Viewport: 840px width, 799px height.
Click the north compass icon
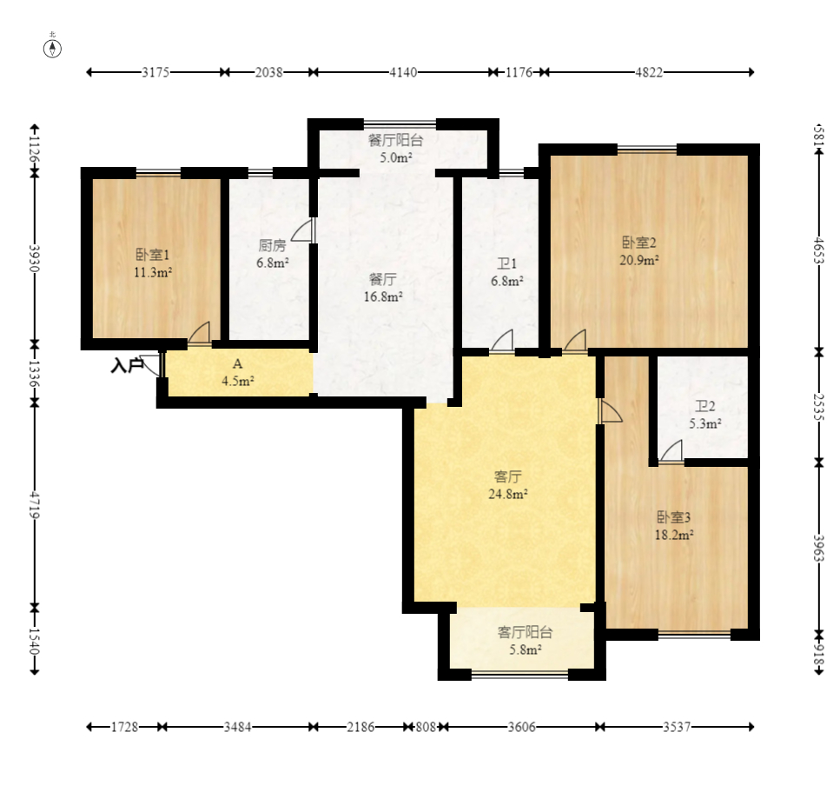coord(52,49)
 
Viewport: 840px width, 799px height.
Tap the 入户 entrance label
coord(127,365)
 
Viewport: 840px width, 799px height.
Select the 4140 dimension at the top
coord(403,72)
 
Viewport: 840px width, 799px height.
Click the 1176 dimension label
coord(519,72)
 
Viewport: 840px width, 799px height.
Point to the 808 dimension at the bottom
coord(426,727)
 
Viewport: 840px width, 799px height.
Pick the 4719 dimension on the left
coord(34,504)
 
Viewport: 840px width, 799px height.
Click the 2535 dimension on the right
coord(818,407)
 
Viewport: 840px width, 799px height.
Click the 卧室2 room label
coord(639,243)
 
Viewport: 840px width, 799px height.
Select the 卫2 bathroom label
coord(705,407)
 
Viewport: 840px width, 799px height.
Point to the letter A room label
coord(237,364)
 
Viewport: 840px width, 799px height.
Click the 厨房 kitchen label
coord(272,245)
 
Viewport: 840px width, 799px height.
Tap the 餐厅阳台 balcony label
coord(396,141)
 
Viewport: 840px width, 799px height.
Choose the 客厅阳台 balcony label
coord(525,632)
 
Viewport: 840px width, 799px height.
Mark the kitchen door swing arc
coord(302,230)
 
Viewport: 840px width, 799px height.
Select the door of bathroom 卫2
coord(671,451)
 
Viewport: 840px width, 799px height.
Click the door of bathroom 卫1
coord(502,341)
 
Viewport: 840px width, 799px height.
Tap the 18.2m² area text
coord(674,535)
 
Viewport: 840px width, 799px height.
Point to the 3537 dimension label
coord(677,727)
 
